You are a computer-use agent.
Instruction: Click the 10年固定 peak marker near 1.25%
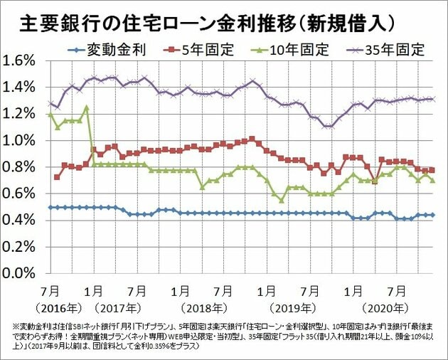[86, 107]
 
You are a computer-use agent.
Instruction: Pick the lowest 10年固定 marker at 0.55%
[282, 200]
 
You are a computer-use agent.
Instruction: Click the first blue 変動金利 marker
[50, 207]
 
